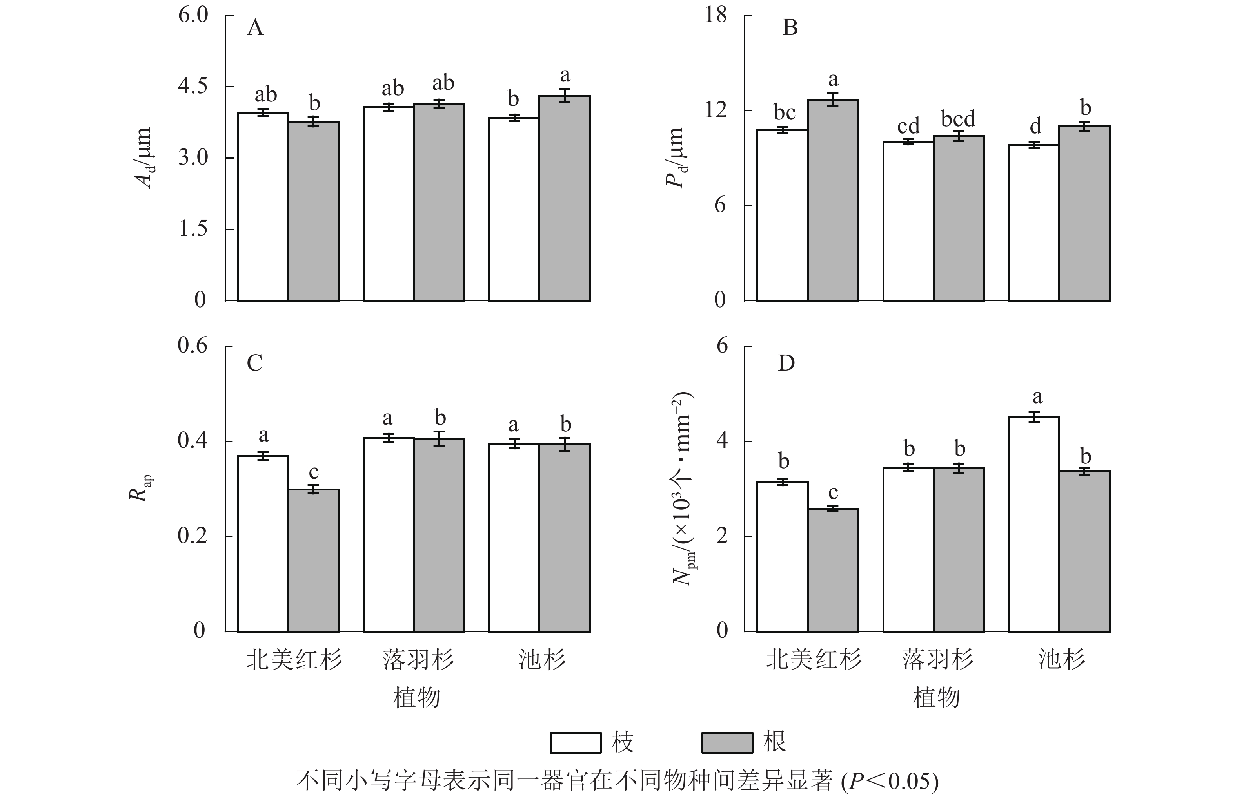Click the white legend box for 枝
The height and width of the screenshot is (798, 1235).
pos(576,742)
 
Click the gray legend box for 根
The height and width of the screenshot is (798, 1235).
pos(727,742)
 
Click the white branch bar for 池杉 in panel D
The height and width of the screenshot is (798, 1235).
pos(1034,523)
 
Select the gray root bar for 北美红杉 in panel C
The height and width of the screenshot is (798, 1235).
pos(314,560)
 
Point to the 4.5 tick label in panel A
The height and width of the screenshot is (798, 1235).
pos(193,86)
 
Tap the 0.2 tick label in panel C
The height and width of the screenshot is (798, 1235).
pos(193,536)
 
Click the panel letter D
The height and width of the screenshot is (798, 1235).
pos(786,363)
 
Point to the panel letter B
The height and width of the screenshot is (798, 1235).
pos(790,27)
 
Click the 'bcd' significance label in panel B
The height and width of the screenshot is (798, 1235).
pos(958,119)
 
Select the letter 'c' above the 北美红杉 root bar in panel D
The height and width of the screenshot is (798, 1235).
pos(833,492)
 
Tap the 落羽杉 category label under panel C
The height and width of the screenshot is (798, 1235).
pos(418,660)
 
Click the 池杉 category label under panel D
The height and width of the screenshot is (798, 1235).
pos(1061,660)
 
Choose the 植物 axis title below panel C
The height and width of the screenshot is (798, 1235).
pos(417,697)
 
